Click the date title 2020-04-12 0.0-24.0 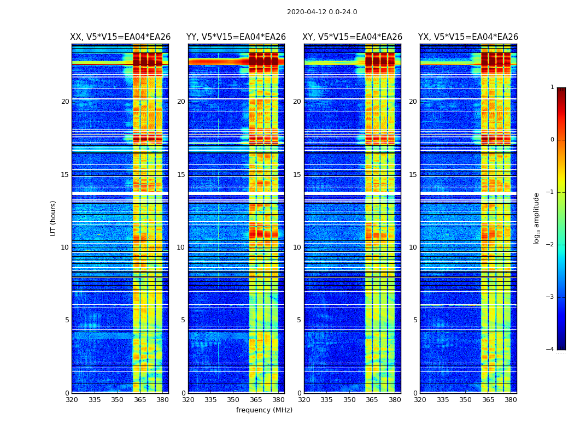[x=322, y=12]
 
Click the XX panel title [x=120, y=37]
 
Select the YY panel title [x=236, y=37]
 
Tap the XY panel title [x=353, y=37]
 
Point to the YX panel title [x=468, y=37]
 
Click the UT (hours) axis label [x=54, y=218]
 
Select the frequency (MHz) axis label [x=264, y=410]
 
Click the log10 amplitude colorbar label [x=537, y=218]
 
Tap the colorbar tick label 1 [x=552, y=87]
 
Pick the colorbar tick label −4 [x=550, y=350]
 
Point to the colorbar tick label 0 [x=552, y=140]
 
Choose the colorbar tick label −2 [x=550, y=245]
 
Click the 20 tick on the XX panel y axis [x=65, y=102]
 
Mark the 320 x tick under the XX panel [x=72, y=400]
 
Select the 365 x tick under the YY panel [x=256, y=400]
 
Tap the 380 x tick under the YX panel [x=511, y=400]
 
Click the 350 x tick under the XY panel [x=349, y=400]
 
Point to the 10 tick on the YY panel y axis [x=181, y=247]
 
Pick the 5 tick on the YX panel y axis [x=415, y=320]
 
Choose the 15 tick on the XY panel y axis [x=297, y=175]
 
